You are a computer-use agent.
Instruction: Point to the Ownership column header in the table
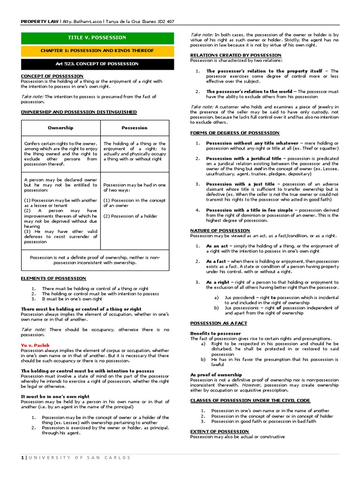60,127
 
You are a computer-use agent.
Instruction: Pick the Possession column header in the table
135,127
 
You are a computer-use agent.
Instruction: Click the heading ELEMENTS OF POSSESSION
53,278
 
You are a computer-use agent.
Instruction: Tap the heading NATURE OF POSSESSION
220,231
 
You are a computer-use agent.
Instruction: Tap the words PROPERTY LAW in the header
40,22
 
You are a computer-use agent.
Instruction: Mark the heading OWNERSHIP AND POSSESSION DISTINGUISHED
79,112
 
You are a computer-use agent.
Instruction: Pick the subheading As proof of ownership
216,375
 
